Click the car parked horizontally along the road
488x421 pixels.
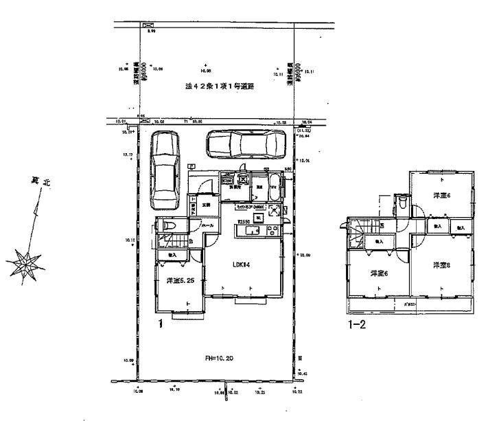pyautogui.click(x=245, y=145)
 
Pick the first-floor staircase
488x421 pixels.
pyautogui.click(x=167, y=242)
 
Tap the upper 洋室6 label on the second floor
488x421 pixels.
pyautogui.click(x=440, y=196)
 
